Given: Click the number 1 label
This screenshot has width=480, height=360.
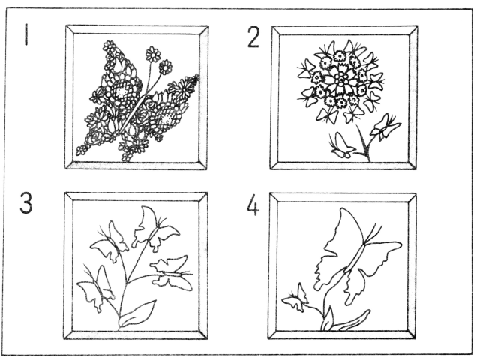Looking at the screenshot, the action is [27, 35].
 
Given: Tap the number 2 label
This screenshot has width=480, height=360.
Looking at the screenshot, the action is [253, 37].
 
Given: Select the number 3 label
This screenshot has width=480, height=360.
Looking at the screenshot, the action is [26, 202].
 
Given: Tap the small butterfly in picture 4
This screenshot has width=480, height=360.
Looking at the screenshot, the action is [295, 297].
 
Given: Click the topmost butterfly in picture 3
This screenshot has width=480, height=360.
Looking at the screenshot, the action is [155, 229].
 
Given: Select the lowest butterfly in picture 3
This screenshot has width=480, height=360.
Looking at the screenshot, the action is [95, 289].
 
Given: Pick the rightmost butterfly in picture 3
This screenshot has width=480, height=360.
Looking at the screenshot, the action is [172, 272].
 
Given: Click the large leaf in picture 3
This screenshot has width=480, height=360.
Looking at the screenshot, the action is [136, 313].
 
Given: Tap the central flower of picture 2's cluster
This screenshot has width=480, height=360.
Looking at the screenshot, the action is [340, 80].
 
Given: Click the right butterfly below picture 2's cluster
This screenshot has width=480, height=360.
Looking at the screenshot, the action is [384, 127].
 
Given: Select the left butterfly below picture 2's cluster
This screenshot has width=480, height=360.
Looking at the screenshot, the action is [341, 145].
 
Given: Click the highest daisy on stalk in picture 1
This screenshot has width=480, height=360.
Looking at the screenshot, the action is [153, 54].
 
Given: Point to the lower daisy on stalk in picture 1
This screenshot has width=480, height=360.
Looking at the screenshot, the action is [165, 67].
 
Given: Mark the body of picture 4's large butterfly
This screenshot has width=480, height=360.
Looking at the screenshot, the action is [355, 256].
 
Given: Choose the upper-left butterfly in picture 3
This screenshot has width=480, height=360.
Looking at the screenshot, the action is [109, 241].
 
